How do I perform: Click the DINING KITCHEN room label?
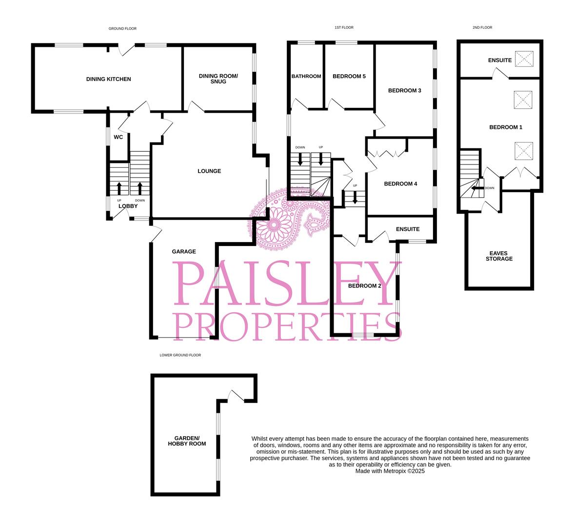click(108, 79)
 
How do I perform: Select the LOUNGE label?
click(209, 171)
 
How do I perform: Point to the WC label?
click(118, 137)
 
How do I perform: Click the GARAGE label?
click(184, 252)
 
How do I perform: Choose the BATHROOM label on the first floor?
click(306, 76)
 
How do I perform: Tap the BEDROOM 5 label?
click(349, 76)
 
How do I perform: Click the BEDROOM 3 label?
click(405, 91)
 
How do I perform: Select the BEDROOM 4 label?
click(401, 184)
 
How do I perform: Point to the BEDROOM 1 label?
click(506, 127)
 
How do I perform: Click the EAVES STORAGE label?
click(499, 256)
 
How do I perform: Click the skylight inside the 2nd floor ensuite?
click(524, 60)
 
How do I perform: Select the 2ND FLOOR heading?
click(482, 28)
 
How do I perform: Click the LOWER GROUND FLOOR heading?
click(180, 355)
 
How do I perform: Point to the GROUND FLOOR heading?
click(122, 29)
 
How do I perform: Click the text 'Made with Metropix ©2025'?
click(390, 471)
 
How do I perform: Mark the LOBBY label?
click(128, 206)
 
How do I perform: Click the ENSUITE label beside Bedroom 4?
click(408, 229)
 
